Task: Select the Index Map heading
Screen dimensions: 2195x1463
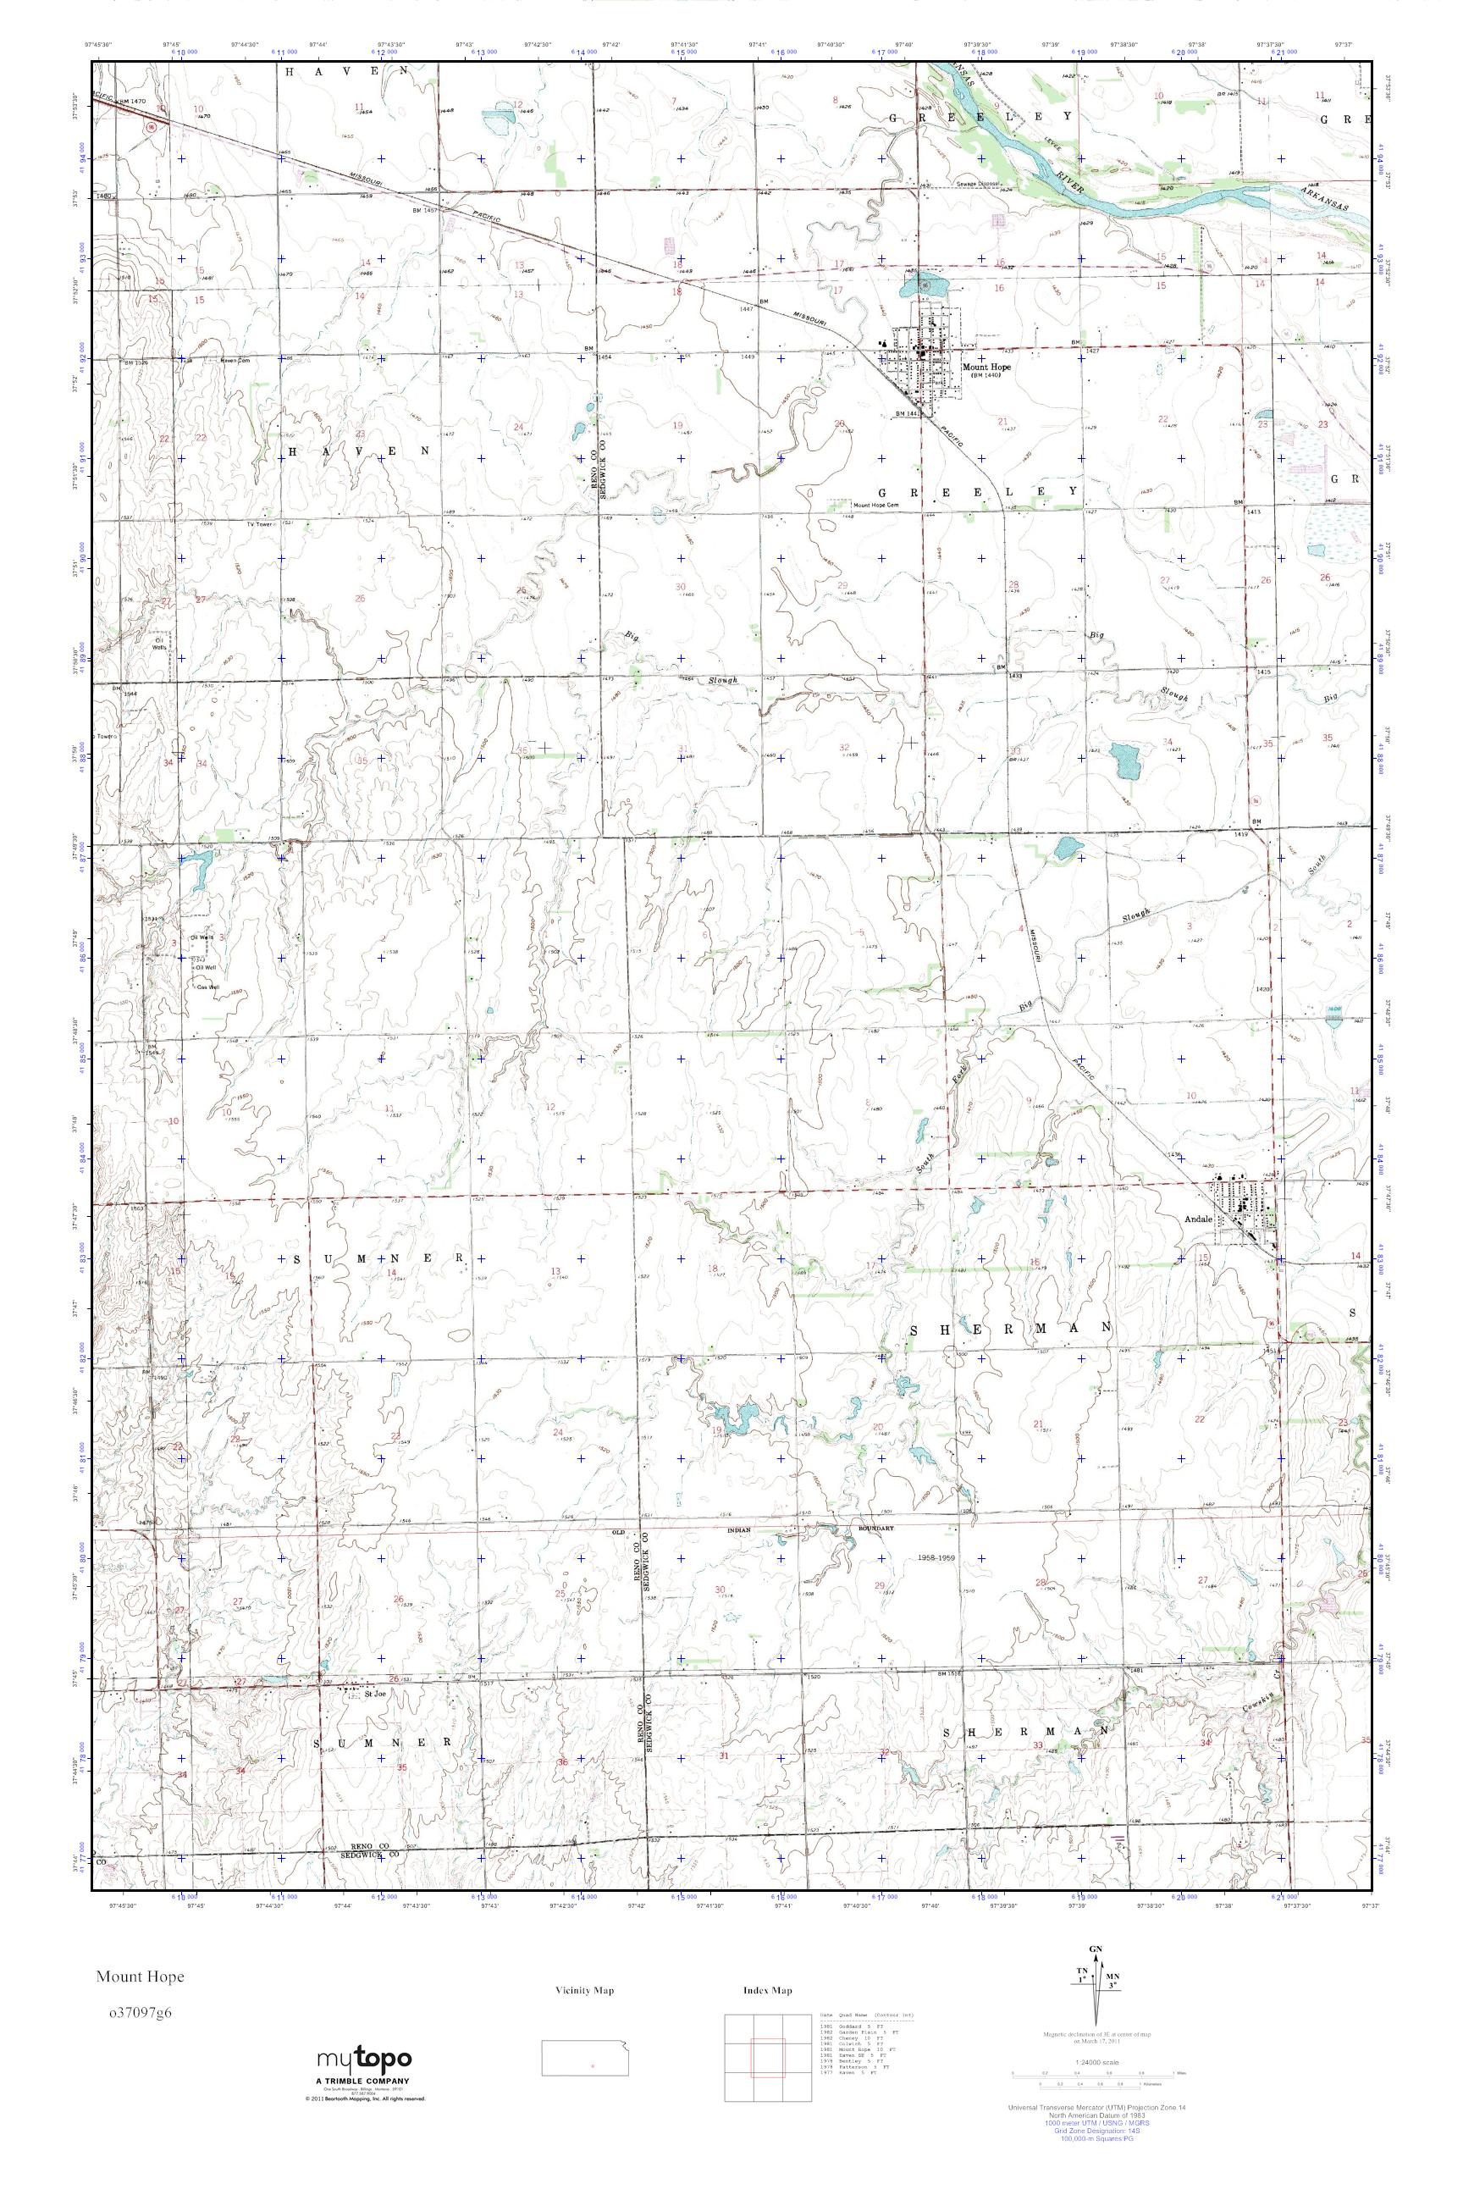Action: pyautogui.click(x=768, y=1990)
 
